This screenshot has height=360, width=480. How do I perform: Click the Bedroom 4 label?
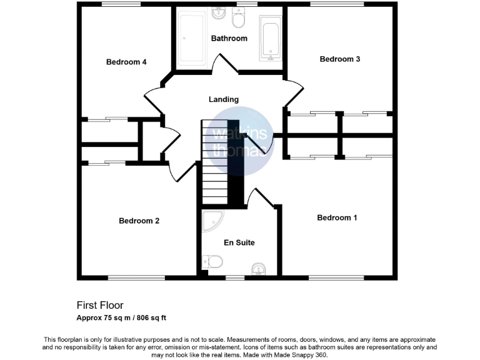tap(126, 62)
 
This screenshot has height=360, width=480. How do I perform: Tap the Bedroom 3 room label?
tap(339, 59)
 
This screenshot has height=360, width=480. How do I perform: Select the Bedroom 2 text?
tap(139, 221)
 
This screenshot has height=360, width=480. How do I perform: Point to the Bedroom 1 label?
tap(337, 217)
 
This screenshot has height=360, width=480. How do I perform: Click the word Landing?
tap(224, 99)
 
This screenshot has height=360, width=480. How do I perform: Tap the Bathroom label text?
tap(229, 38)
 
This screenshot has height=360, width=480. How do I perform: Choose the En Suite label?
tap(239, 242)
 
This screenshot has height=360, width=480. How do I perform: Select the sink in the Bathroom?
tap(218, 12)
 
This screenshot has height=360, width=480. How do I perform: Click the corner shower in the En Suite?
tap(212, 221)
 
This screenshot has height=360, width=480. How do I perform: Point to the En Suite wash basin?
tap(259, 269)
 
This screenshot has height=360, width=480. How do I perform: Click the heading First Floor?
tap(100, 306)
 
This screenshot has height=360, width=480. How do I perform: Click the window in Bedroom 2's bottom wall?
tap(133, 277)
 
